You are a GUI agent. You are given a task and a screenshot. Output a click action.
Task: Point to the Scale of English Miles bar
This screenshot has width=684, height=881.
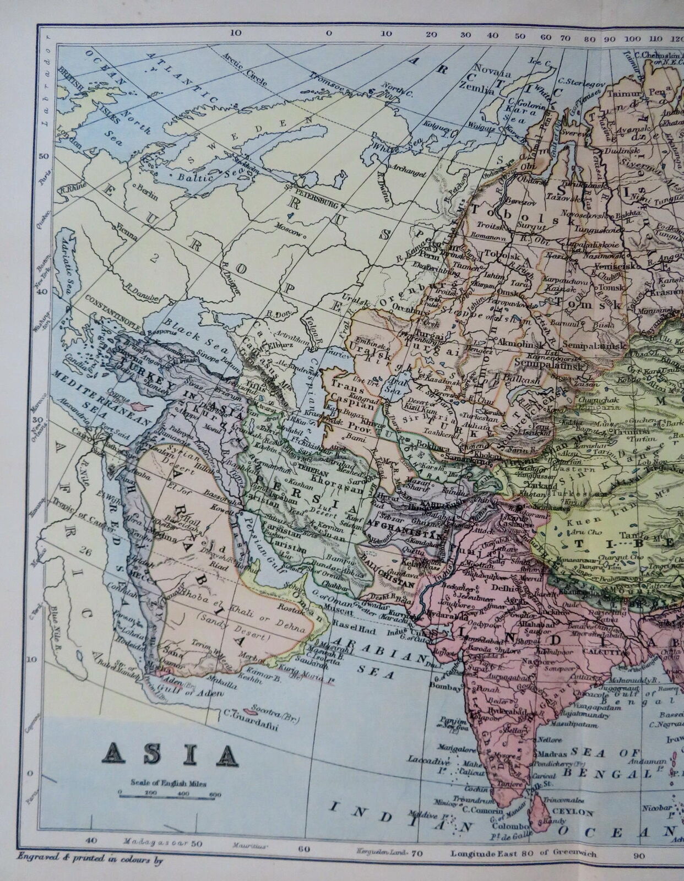pos(169,793)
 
